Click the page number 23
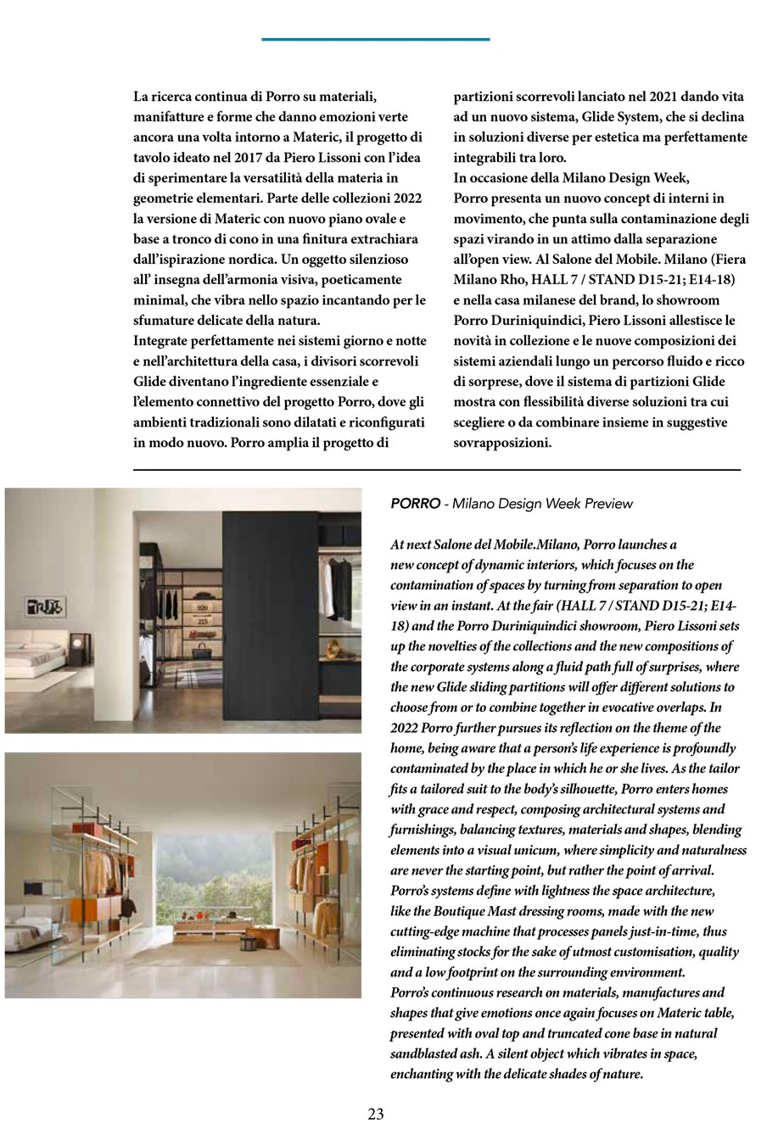[x=376, y=1114]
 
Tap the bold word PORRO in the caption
[x=415, y=504]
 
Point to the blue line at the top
[x=375, y=39]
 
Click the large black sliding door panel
[x=267, y=611]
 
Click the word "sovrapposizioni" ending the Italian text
[x=503, y=443]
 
